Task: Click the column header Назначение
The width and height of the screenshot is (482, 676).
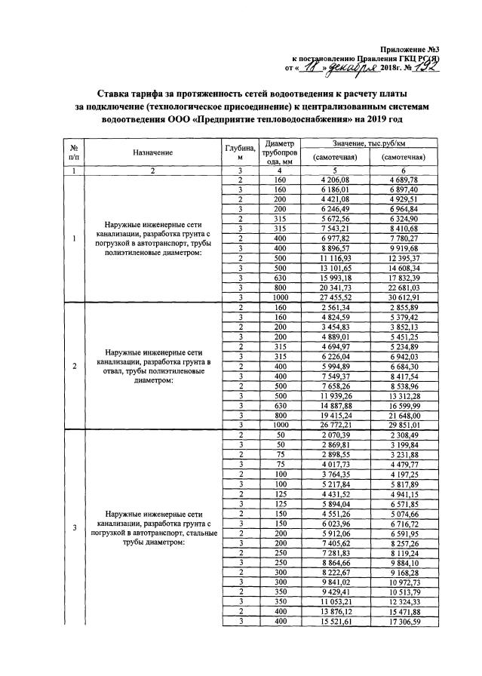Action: (x=152, y=152)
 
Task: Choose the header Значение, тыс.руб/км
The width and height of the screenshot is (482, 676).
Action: (x=365, y=143)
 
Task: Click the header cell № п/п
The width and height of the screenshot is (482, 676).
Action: (x=74, y=152)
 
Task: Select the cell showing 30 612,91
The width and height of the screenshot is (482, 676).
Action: (x=404, y=297)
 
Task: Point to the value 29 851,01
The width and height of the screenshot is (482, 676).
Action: (x=404, y=425)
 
